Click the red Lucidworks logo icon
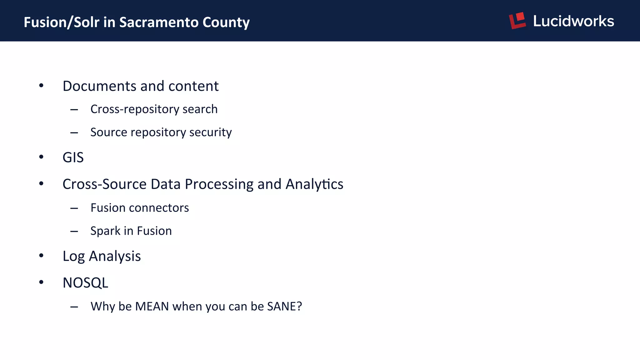tap(517, 21)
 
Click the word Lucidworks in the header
tap(573, 21)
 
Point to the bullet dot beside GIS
tap(41, 157)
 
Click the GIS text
tap(73, 157)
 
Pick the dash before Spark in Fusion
tap(74, 231)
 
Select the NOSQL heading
tap(85, 283)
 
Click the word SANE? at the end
tap(284, 306)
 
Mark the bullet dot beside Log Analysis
tap(41, 256)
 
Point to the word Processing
tap(219, 184)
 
